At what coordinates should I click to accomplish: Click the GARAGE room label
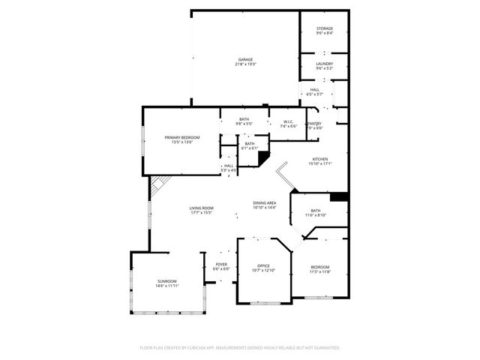coord(245,59)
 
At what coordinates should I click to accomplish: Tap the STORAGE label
coord(324,28)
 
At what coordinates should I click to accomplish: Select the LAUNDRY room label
coord(324,64)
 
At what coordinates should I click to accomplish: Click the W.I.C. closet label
coord(288,122)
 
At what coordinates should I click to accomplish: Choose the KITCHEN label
coord(320,159)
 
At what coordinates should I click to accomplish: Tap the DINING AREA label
coord(265,202)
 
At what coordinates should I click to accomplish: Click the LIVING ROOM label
coord(201,208)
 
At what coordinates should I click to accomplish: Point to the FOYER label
coord(221,264)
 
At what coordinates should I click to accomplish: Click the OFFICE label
coord(263,265)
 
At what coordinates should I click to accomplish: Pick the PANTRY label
coord(314,124)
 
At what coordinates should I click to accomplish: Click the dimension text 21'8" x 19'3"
coord(245,64)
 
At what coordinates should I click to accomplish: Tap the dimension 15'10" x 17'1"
coord(320,164)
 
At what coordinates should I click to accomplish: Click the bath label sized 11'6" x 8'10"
coord(316,211)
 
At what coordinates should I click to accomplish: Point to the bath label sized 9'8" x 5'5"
coord(244,119)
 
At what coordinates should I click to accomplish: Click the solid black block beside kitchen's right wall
coord(339,196)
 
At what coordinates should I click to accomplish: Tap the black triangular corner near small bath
coord(263,158)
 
